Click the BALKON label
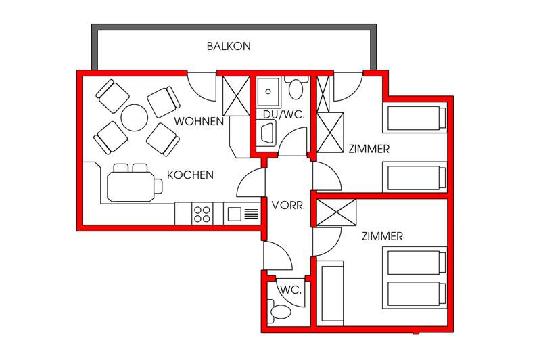coord(229,46)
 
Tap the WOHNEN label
coord(199,122)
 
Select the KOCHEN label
coord(190,175)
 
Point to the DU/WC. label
coord(283,114)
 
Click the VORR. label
coord(288,206)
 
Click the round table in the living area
coord(135,117)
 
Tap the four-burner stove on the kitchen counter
coord(202,214)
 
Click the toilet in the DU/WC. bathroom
coord(296,88)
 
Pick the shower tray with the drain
coord(268,92)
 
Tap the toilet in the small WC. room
coord(279,311)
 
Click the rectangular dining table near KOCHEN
coord(131,187)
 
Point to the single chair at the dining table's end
coord(158,186)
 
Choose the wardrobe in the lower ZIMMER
coord(336,213)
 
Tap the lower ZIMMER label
coord(382,236)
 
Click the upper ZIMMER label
coord(369,149)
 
